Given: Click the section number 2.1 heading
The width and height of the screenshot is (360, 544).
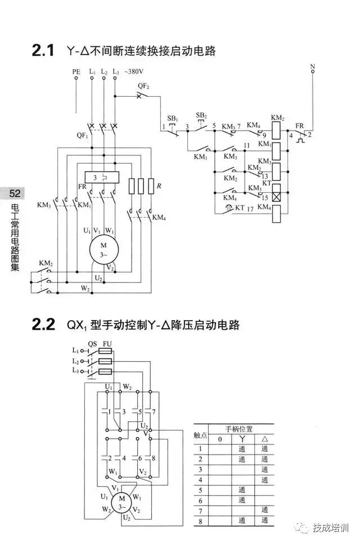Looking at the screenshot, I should point(43,51).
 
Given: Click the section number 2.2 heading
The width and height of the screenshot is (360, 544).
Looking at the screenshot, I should point(43,325).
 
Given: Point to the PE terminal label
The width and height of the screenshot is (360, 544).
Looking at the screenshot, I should point(76,72).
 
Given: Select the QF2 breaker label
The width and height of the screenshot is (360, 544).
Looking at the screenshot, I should point(144,86).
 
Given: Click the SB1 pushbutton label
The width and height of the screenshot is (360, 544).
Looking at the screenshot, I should point(172,119).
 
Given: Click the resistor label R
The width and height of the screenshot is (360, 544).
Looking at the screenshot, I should point(159,185).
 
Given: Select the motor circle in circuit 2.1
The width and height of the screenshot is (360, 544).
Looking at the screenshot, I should point(103,249).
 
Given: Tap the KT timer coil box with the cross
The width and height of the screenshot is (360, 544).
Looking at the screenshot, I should point(276,197).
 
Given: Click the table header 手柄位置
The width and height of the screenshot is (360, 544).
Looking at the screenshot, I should point(239,429).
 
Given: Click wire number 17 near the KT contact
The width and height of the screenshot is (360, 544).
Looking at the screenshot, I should point(251,209).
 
